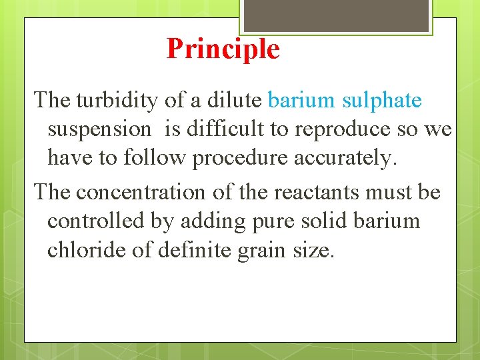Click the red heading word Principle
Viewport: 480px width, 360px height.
tap(223, 49)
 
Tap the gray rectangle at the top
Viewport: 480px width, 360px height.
tap(335, 15)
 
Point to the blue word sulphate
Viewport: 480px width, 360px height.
tap(382, 101)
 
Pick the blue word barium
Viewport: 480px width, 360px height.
tap(301, 101)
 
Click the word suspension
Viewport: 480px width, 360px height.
tap(99, 129)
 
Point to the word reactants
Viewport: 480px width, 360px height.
tap(286, 192)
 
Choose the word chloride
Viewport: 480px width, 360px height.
tap(81, 250)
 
